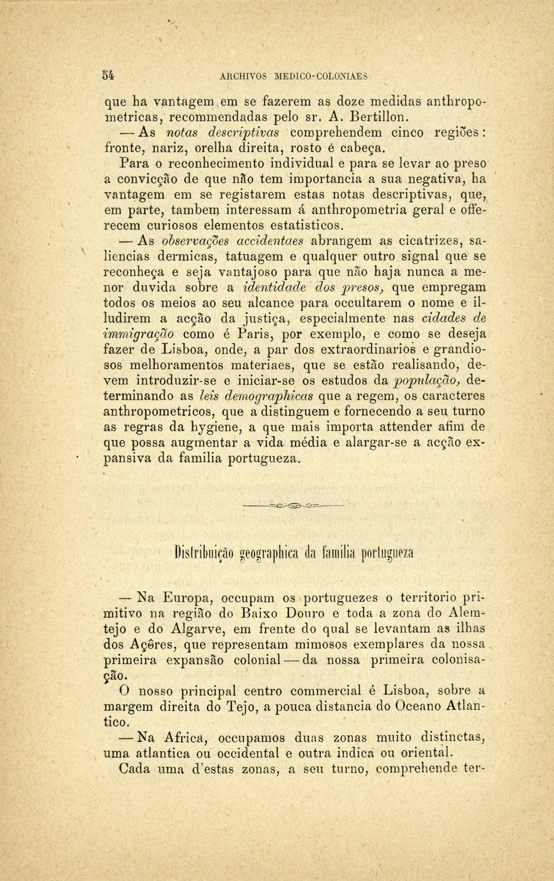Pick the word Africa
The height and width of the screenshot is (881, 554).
pos(182,738)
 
